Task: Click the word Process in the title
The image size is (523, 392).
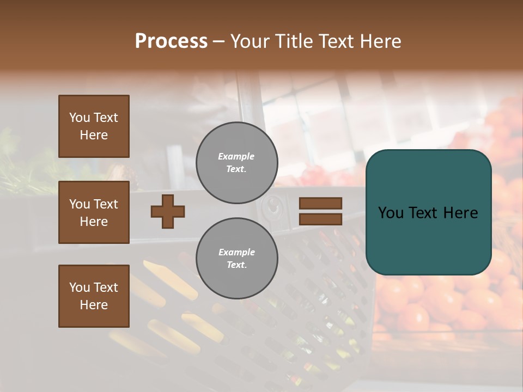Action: point(171,41)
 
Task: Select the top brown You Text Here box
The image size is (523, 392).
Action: point(94,126)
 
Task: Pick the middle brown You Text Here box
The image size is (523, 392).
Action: point(94,212)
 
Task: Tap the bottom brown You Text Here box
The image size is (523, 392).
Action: point(94,296)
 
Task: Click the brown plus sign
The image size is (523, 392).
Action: point(168,211)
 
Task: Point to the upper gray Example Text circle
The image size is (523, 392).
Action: point(236,163)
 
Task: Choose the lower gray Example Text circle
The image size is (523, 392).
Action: point(236,259)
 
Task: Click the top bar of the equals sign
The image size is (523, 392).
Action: point(320,203)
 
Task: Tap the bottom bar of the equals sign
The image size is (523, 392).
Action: point(320,219)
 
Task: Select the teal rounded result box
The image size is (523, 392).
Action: point(428,212)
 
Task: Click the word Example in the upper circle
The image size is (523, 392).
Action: point(236,156)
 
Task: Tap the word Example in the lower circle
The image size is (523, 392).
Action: point(236,252)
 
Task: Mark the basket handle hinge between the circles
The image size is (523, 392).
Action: point(272,207)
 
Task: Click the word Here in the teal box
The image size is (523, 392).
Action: point(461,213)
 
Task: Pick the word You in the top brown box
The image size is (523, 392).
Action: point(80,118)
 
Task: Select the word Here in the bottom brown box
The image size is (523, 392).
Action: point(94,305)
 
